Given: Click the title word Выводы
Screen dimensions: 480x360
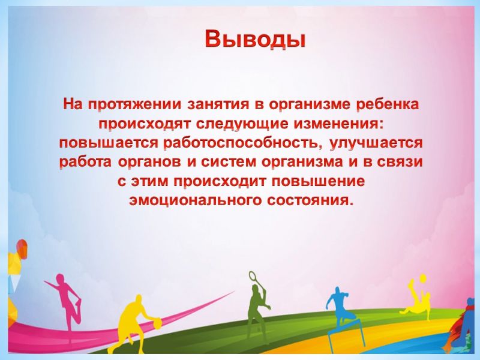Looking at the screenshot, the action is pyautogui.click(x=256, y=39).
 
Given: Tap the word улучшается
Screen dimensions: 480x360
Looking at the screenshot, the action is pyautogui.click(x=376, y=143).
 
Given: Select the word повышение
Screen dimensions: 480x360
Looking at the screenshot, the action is pyautogui.click(x=318, y=181).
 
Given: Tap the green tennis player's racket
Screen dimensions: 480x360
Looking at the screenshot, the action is pyautogui.click(x=253, y=277).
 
